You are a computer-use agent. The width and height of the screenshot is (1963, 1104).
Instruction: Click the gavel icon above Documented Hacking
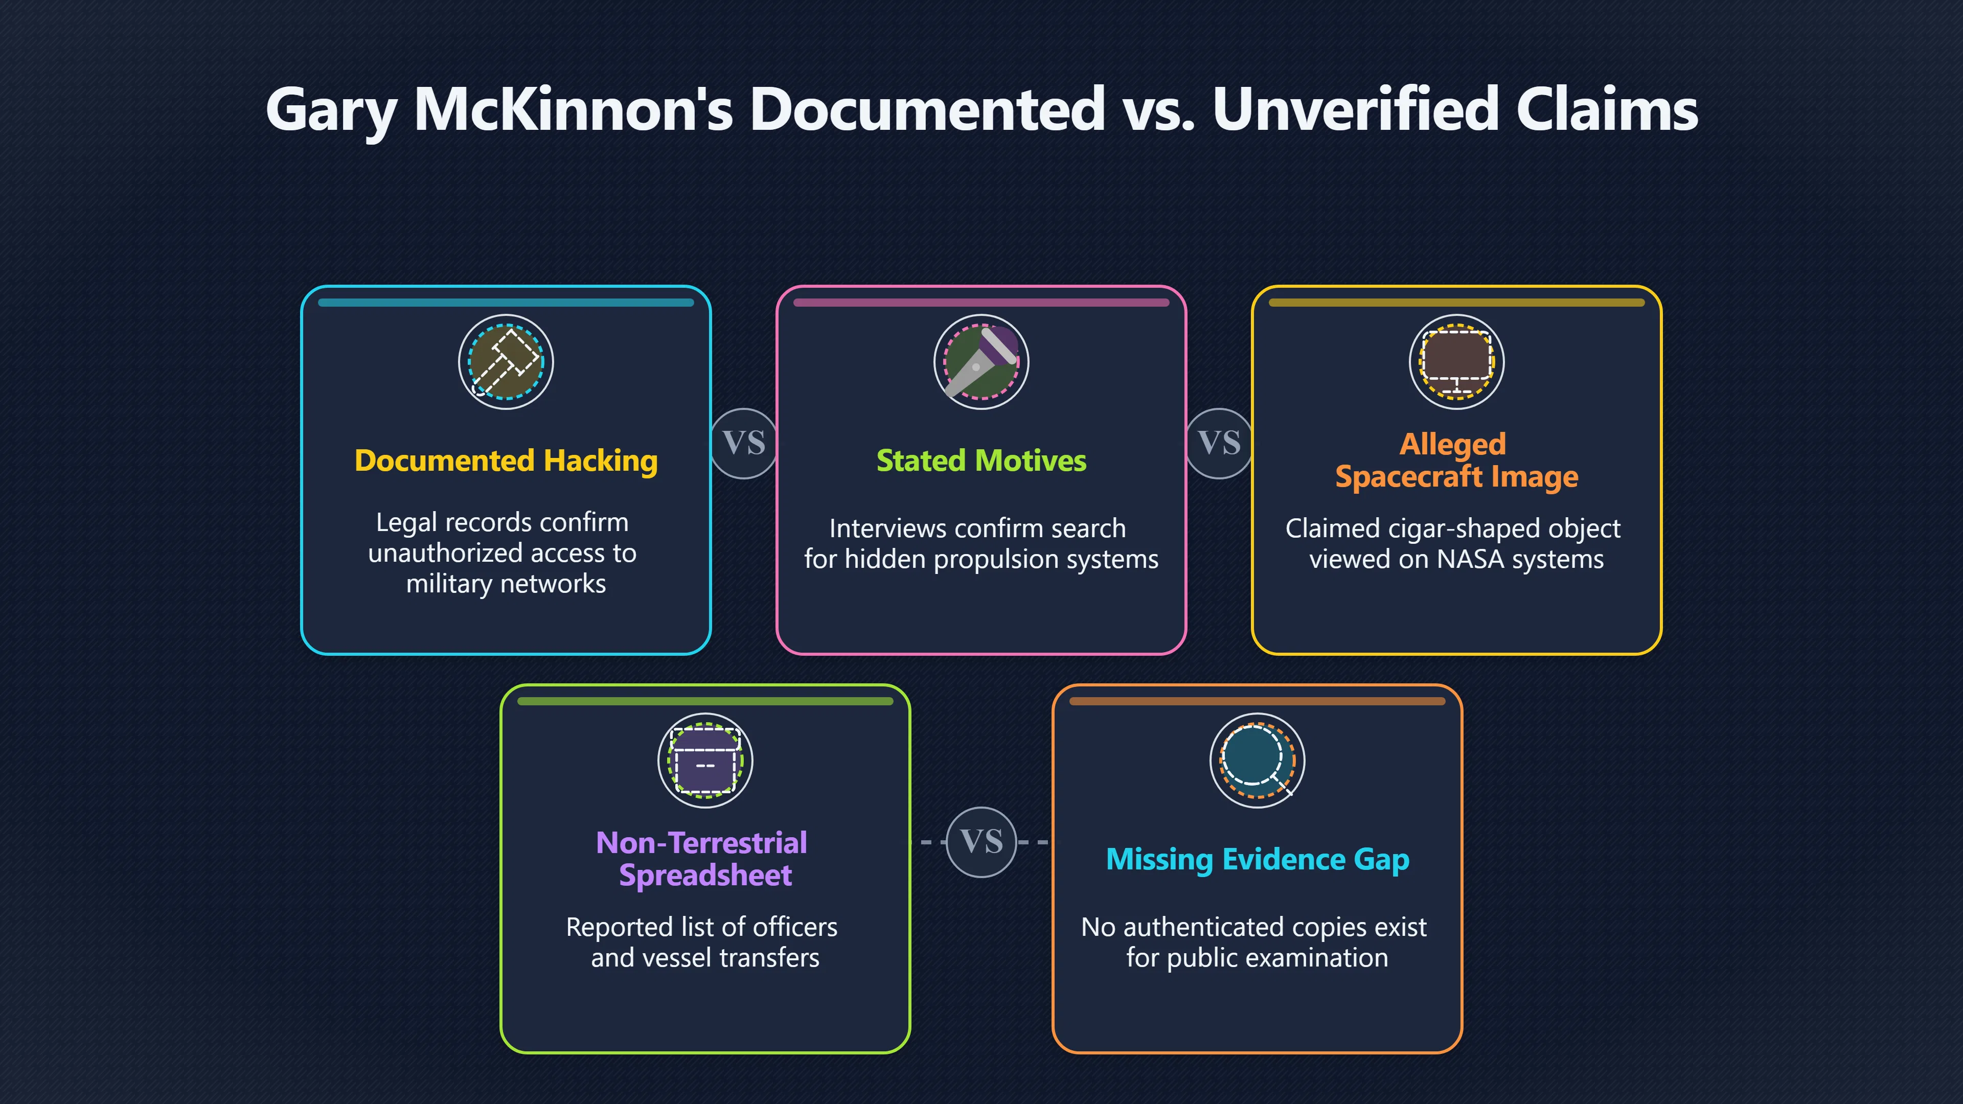pos(506,362)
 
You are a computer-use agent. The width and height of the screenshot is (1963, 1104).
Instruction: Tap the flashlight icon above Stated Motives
pos(981,362)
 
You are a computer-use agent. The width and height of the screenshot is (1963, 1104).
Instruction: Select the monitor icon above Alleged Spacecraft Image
pos(1457,362)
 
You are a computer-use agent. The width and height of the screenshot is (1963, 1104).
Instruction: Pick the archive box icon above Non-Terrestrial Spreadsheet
pos(705,761)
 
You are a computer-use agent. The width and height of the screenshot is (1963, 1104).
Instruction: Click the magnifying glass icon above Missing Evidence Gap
pos(1258,761)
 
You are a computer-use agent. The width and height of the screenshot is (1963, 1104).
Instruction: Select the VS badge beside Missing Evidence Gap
pos(981,842)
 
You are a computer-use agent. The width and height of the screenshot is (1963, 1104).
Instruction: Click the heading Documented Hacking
pos(506,461)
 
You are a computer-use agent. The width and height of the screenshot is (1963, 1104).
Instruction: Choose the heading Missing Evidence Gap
pos(1258,859)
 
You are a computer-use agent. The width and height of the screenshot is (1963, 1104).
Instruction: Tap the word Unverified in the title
pos(1356,109)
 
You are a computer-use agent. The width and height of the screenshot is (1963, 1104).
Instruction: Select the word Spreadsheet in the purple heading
pos(705,876)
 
